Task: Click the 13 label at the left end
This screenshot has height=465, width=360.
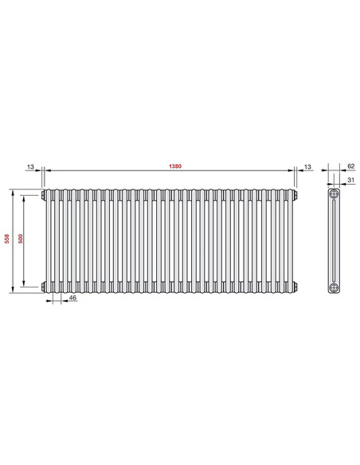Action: pyautogui.click(x=30, y=166)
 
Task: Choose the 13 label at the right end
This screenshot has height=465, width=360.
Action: pyautogui.click(x=307, y=166)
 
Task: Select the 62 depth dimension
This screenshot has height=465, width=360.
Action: pyautogui.click(x=351, y=166)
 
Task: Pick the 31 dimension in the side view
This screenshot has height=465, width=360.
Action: pyautogui.click(x=351, y=180)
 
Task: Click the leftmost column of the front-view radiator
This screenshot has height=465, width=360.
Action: pyautogui.click(x=49, y=240)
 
